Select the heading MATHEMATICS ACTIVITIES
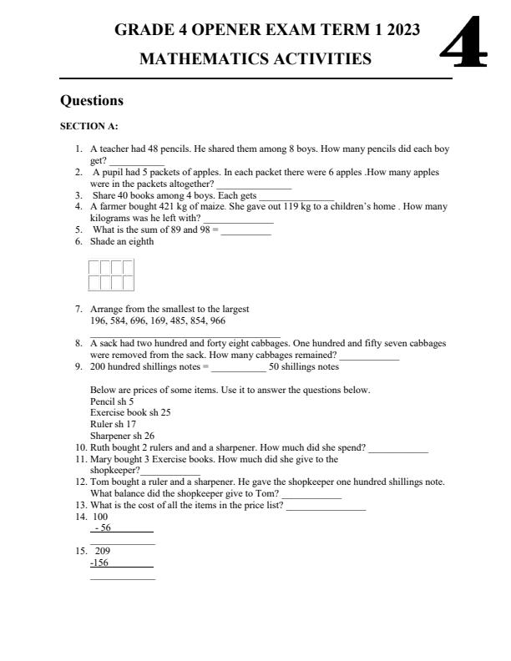[x=255, y=59]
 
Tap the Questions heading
[x=92, y=101]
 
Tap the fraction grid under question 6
[x=111, y=275]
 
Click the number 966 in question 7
[x=217, y=320]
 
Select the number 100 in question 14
[x=100, y=517]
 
